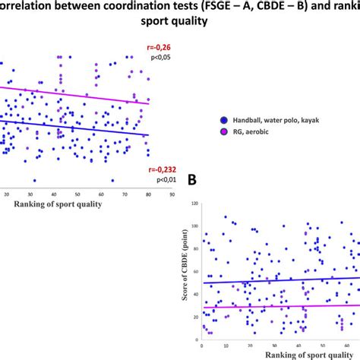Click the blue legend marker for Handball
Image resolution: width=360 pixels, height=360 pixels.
(x=224, y=119)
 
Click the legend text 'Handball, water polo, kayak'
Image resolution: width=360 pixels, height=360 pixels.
(x=276, y=119)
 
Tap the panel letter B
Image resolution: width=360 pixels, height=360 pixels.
(x=194, y=181)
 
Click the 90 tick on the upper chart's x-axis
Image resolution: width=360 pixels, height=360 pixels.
(x=171, y=194)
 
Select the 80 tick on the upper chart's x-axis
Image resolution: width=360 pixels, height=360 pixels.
(x=148, y=194)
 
